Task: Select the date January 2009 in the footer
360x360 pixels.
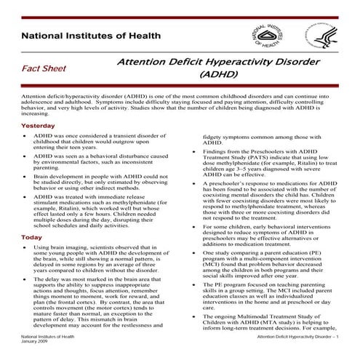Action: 39,345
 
